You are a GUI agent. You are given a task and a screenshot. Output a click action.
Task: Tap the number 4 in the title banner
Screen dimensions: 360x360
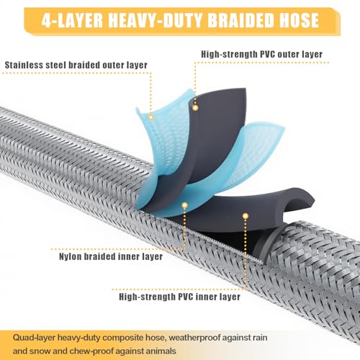[47, 20]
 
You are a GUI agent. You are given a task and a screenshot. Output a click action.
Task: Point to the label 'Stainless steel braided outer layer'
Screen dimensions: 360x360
[76, 65]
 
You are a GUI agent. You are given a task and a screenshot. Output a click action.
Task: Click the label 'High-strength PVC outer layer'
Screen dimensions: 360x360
[262, 54]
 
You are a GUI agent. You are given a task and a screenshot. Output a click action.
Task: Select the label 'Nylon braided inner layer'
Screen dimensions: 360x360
[111, 256]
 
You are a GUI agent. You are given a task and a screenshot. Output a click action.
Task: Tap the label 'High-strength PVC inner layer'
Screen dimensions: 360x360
[180, 297]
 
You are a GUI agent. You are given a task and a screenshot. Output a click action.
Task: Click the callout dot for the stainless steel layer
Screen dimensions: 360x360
[150, 117]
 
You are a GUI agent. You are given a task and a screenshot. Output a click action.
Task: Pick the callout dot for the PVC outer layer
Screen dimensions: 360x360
[195, 107]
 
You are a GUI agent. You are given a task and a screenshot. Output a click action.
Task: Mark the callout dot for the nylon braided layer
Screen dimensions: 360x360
[184, 205]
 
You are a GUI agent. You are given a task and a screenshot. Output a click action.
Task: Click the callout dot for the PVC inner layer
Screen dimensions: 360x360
[245, 216]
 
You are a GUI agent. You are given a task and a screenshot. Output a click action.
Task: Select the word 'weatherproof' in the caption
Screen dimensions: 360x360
[194, 338]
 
